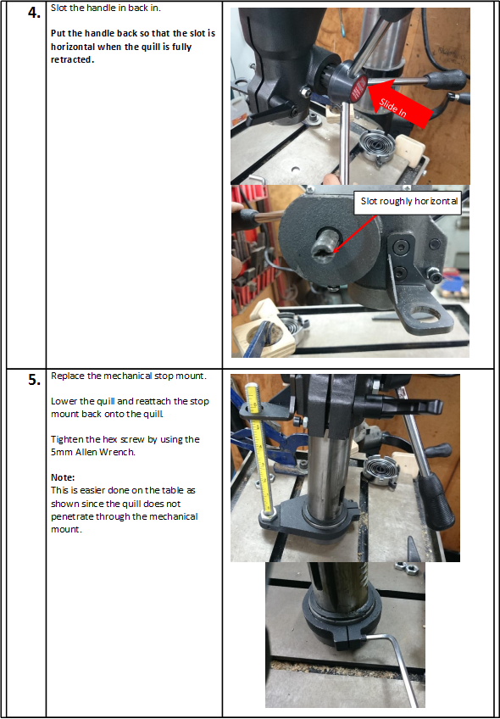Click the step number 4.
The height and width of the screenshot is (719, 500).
(x=34, y=13)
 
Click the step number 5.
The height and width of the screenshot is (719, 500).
(x=34, y=381)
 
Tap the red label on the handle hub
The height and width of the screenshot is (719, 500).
(x=358, y=88)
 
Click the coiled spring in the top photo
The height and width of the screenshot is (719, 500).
(x=377, y=146)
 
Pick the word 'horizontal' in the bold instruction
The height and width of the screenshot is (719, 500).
(x=74, y=47)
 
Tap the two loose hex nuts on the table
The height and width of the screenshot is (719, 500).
(x=406, y=567)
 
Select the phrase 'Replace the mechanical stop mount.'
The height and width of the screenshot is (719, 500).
(x=129, y=376)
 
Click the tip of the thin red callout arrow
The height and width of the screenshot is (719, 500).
(x=333, y=253)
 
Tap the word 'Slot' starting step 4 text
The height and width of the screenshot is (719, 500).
(x=58, y=8)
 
